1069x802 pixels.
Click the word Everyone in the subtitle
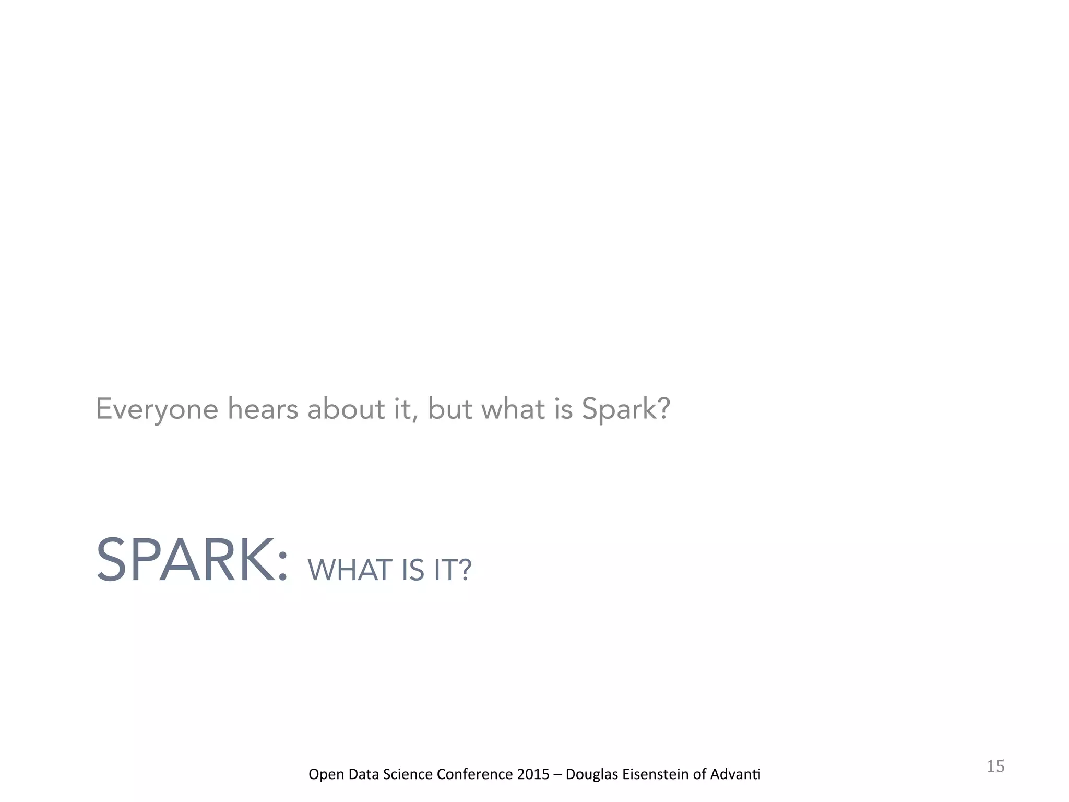pyautogui.click(x=157, y=409)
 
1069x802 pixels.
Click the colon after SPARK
pyautogui.click(x=282, y=567)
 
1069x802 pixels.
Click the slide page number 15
pyautogui.click(x=995, y=766)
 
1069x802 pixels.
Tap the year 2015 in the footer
pyautogui.click(x=533, y=774)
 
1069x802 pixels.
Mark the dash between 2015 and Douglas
pyautogui.click(x=557, y=774)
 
